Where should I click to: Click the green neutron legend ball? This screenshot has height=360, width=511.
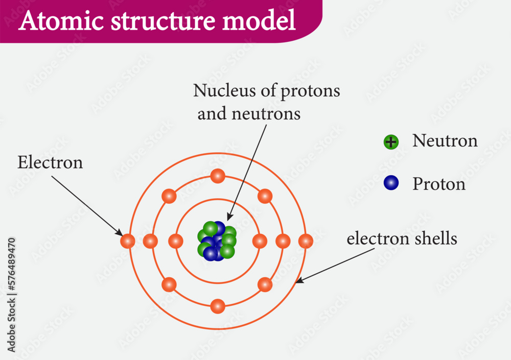tap(391, 142)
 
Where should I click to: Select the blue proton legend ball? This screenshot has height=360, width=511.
tap(391, 183)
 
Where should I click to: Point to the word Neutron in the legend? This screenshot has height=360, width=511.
tap(445, 141)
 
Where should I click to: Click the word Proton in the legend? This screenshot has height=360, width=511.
tap(439, 184)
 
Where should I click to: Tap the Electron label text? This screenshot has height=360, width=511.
tap(50, 163)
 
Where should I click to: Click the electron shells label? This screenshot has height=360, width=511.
tap(402, 238)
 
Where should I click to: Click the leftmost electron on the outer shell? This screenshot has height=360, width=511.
tap(127, 241)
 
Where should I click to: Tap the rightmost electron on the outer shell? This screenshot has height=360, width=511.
tap(306, 241)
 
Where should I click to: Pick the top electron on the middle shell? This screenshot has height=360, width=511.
tap(217, 176)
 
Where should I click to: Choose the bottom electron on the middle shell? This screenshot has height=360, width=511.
tap(217, 306)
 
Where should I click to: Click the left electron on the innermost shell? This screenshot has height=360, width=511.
tap(175, 241)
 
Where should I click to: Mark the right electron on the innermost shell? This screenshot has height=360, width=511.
tap(260, 241)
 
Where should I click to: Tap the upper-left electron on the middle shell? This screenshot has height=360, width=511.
tap(169, 196)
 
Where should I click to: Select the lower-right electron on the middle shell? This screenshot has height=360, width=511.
tap(265, 284)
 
